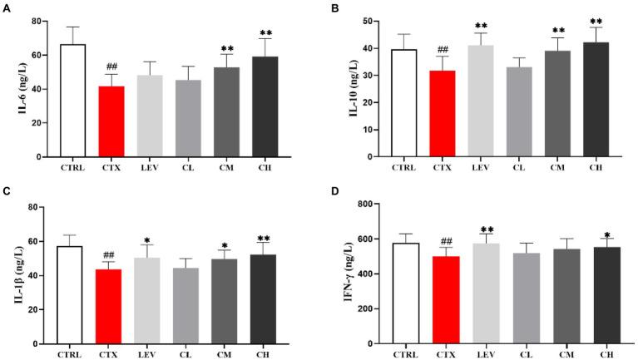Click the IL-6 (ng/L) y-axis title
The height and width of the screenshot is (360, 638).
[x=12, y=87]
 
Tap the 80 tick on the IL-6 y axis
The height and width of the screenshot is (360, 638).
[x=37, y=21]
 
